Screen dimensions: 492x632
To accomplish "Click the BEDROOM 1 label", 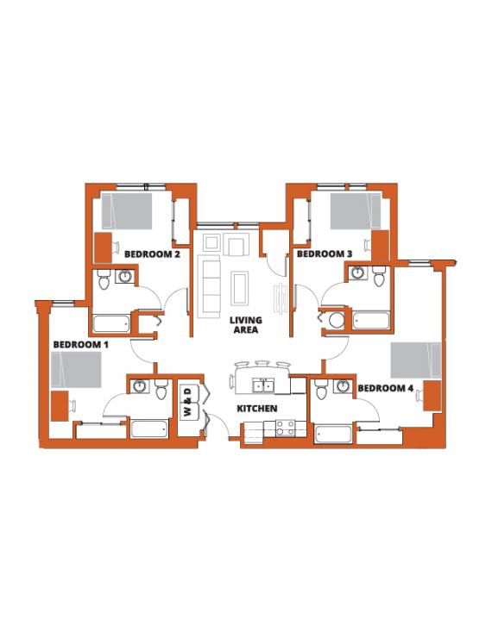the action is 81,345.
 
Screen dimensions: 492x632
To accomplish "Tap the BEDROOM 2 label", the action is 152,254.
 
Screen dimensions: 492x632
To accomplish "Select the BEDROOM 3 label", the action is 325,254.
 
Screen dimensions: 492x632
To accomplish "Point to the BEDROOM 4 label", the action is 386,388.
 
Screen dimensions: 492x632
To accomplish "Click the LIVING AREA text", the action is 246,325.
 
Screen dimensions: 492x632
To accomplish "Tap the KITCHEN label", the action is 257,409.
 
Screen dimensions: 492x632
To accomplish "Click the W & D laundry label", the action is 188,402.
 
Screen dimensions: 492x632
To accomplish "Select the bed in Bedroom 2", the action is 127,211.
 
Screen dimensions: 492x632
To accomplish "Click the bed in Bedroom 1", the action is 76,370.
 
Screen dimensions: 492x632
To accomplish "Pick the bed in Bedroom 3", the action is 356,211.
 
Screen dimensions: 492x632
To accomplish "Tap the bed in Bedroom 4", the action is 416,360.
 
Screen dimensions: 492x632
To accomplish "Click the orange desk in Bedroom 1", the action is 60,406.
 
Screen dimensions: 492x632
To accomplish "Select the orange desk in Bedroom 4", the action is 432,396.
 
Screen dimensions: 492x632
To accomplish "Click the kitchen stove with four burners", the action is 286,429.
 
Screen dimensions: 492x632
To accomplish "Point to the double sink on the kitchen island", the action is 262,386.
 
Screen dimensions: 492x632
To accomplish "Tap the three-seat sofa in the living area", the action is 210,287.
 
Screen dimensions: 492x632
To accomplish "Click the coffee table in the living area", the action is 240,288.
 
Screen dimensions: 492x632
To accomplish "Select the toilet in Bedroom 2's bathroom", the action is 104,278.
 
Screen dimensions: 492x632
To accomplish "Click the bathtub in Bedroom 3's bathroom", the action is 371,321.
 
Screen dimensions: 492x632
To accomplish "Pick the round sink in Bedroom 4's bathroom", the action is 343,386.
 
